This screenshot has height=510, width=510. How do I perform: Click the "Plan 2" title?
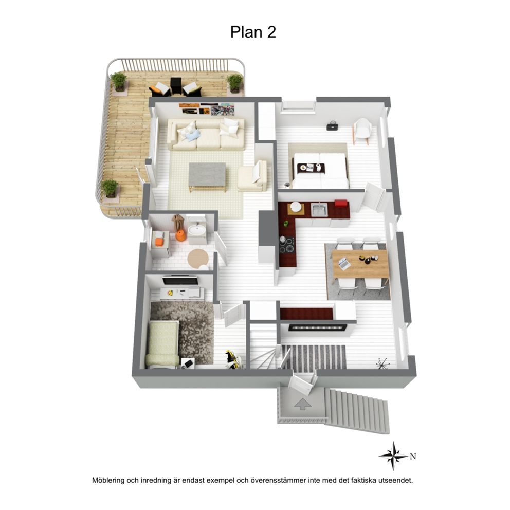click(x=253, y=32)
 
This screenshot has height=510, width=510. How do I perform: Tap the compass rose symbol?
click(x=393, y=456)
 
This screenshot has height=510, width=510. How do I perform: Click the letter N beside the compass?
click(x=413, y=457)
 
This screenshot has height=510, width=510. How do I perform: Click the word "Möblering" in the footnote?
click(x=108, y=481)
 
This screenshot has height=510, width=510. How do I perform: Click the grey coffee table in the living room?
click(x=208, y=177)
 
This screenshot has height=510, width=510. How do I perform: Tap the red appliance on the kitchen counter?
click(x=341, y=203)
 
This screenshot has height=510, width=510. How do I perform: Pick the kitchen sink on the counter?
click(x=319, y=209)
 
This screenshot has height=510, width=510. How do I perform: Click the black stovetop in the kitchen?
click(x=286, y=245)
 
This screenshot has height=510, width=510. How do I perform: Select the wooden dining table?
click(x=360, y=263)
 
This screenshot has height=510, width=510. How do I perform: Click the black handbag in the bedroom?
click(x=332, y=126)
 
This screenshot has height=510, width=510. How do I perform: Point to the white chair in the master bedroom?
click(x=362, y=130)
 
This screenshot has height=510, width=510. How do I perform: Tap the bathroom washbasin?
click(x=197, y=230)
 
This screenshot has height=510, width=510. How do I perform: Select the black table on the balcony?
click(x=176, y=86)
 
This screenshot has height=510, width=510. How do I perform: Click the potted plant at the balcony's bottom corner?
click(x=110, y=189)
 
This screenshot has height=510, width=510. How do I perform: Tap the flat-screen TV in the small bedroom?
click(x=180, y=280)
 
